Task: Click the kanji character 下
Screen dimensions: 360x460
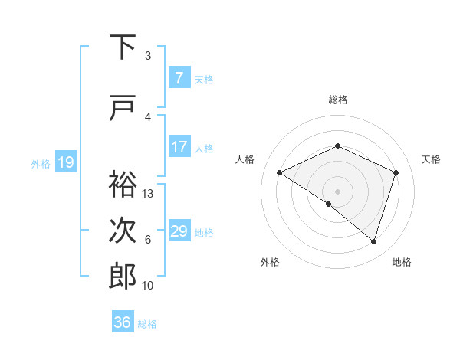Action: (123, 47)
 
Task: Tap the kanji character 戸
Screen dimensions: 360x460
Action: (123, 108)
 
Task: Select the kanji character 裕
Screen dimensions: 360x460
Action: (123, 185)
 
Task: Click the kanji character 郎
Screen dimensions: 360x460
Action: (123, 275)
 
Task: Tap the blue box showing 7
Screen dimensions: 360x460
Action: (179, 78)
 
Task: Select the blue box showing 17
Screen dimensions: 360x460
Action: (179, 147)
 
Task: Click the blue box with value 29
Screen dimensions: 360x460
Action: (179, 231)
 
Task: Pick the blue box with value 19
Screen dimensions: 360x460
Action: (65, 162)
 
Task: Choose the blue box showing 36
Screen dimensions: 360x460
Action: (123, 322)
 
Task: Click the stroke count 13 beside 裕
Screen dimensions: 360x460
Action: (148, 194)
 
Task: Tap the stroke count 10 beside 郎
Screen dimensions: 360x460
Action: (148, 286)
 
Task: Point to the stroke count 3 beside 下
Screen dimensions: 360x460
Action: (148, 56)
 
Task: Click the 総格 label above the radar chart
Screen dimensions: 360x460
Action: (338, 100)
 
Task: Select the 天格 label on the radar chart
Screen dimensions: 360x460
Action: (431, 159)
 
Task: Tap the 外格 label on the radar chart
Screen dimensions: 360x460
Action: (270, 262)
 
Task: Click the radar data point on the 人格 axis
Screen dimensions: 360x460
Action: (280, 173)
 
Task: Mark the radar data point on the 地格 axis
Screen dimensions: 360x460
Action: (373, 241)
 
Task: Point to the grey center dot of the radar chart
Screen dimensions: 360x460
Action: (337, 191)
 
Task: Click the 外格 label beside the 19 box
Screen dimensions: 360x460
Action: (41, 163)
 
